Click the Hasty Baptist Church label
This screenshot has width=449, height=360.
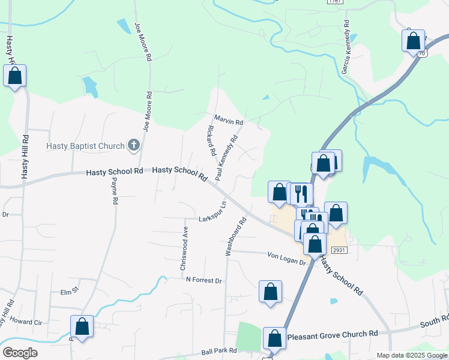coord(85,146)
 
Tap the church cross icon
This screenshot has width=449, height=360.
coord(133,145)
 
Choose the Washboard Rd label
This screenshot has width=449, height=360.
coord(235,237)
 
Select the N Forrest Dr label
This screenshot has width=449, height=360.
coord(204,280)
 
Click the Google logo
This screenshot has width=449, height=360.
coord(19,353)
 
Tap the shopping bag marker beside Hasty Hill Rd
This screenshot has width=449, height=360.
coord(15,76)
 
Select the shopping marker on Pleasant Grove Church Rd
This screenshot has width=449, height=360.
coord(275,338)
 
